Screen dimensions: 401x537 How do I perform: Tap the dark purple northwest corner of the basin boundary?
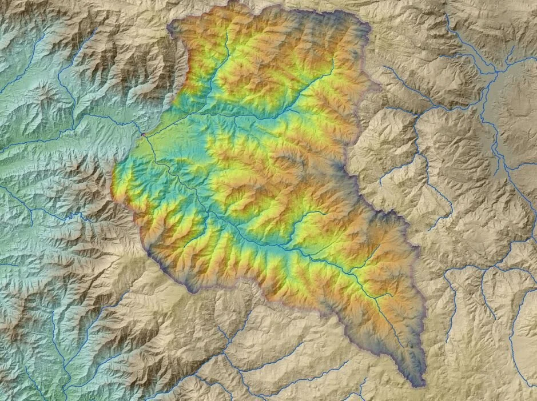[x=172, y=26]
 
